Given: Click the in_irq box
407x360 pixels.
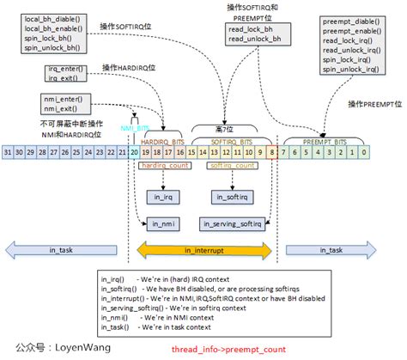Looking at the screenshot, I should (x=163, y=197).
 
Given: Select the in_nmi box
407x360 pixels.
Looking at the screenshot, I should (x=163, y=223).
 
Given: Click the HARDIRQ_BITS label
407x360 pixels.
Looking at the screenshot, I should (x=163, y=140).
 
